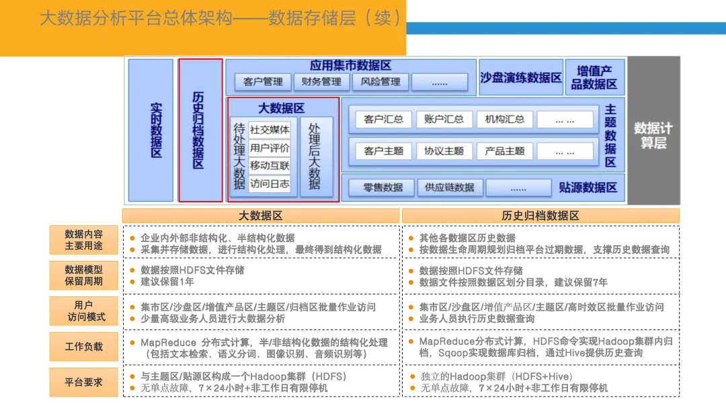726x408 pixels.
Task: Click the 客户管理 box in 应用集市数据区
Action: tap(263, 82)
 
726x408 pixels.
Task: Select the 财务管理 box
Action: tap(321, 82)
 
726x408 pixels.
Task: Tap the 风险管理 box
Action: tap(380, 82)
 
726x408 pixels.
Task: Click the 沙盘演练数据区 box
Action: tap(520, 78)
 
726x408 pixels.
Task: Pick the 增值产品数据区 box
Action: tap(594, 78)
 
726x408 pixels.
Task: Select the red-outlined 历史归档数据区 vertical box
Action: tap(200, 130)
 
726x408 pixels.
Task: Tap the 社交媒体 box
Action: tap(270, 130)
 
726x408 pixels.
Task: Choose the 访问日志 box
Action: tap(270, 183)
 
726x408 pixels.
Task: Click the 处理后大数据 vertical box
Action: tap(315, 156)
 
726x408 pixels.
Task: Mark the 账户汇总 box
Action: tap(444, 120)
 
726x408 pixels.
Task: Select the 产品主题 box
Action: tap(504, 151)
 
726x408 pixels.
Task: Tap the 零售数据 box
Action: tap(383, 188)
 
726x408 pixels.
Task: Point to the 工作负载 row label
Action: tap(84, 347)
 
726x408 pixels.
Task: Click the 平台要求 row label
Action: tap(84, 382)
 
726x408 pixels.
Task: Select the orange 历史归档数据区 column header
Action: tap(540, 216)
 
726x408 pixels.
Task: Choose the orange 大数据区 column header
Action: tap(261, 216)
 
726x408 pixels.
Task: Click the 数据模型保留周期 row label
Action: tap(84, 276)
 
